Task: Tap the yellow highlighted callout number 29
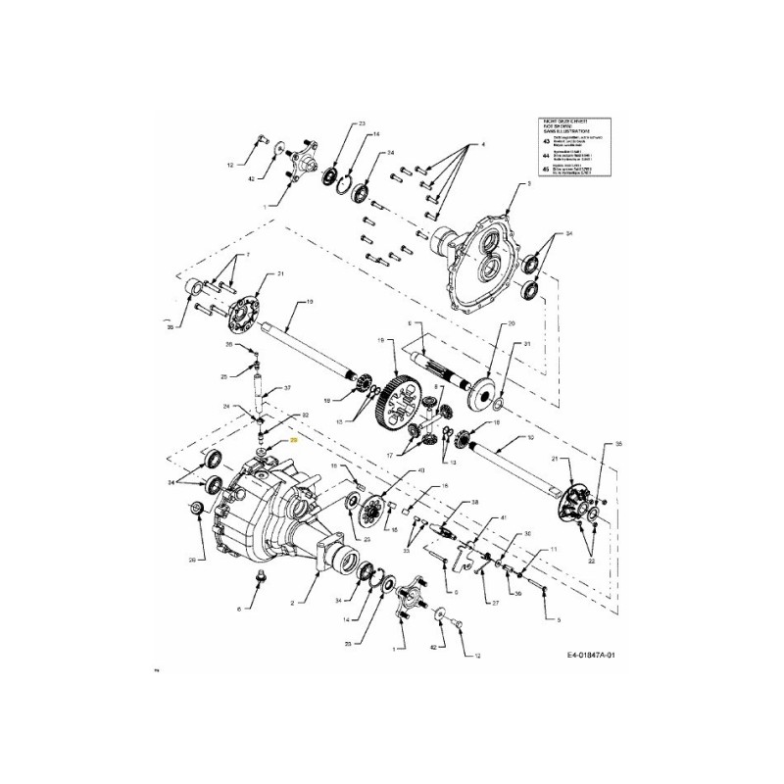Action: click(x=292, y=443)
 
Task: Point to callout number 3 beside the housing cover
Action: click(x=528, y=183)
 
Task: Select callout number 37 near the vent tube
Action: click(x=287, y=389)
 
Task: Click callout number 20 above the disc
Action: click(x=510, y=322)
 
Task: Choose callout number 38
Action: click(x=474, y=501)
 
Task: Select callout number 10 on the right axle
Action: click(x=530, y=437)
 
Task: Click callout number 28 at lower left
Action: click(x=192, y=561)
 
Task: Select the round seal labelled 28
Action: click(x=194, y=508)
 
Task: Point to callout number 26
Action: click(x=228, y=345)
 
